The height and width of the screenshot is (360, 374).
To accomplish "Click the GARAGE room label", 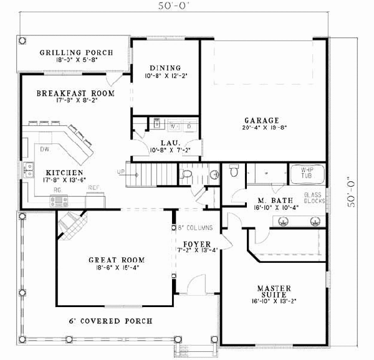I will [262, 121].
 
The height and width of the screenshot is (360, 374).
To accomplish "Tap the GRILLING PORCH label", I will [76, 53].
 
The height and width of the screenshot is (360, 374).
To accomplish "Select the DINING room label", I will [165, 68].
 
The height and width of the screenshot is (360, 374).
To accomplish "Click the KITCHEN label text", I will [65, 173].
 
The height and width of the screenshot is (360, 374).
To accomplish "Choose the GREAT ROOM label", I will [116, 260].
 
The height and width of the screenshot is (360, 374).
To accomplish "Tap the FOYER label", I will [197, 243].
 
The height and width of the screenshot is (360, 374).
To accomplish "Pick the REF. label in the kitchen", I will [93, 187].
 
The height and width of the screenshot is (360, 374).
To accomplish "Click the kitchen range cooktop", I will [59, 200].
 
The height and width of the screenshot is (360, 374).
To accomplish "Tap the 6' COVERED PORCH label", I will [110, 321].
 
